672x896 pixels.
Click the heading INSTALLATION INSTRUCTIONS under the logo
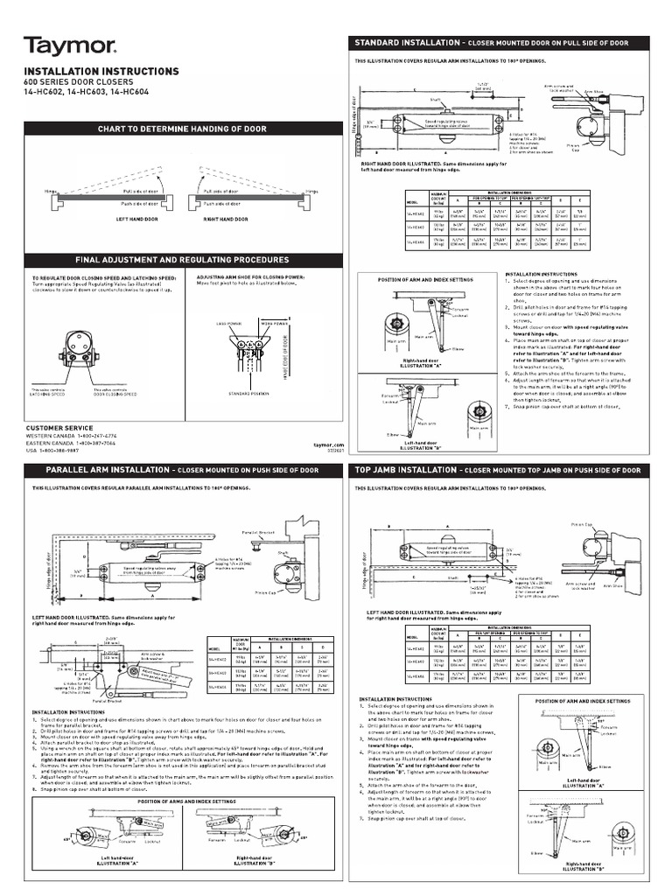click(x=101, y=71)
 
